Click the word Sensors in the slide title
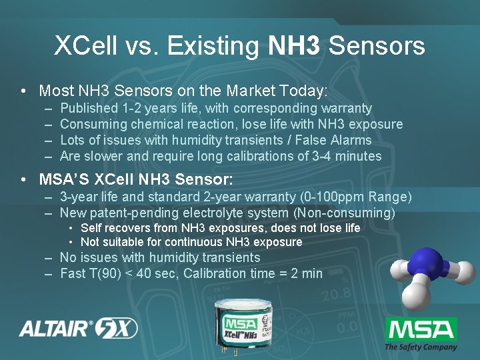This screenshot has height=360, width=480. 377,46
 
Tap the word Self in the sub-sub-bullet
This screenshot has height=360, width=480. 91,228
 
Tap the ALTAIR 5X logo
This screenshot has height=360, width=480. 78,328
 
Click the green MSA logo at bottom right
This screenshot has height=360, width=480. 421,330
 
